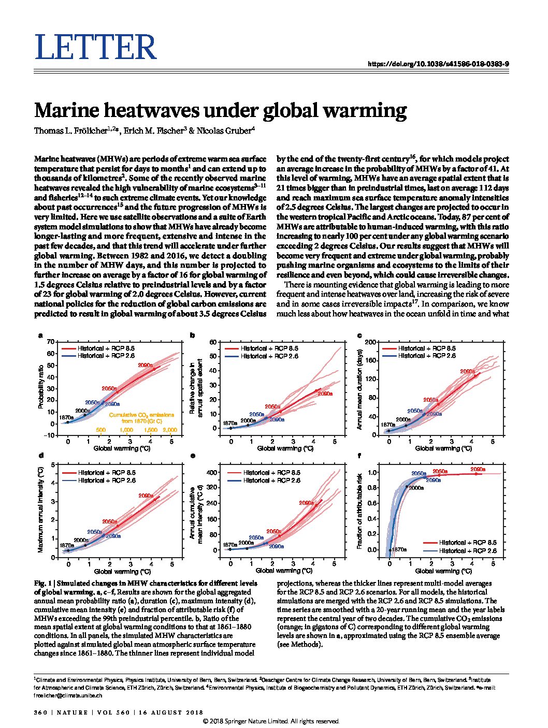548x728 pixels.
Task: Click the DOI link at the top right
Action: point(438,64)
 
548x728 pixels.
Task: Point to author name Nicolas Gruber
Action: point(225,130)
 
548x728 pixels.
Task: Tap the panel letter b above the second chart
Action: point(192,336)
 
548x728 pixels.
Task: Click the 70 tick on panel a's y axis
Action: point(50,342)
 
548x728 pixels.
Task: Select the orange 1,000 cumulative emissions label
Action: point(126,430)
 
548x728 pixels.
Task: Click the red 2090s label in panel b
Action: point(325,394)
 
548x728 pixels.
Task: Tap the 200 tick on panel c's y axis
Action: point(370,342)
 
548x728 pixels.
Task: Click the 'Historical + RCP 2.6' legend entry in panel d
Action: point(107,481)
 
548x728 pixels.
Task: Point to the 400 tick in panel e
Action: point(211,472)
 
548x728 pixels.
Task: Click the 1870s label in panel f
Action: point(399,549)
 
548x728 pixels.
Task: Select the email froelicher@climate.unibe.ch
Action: point(68,696)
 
